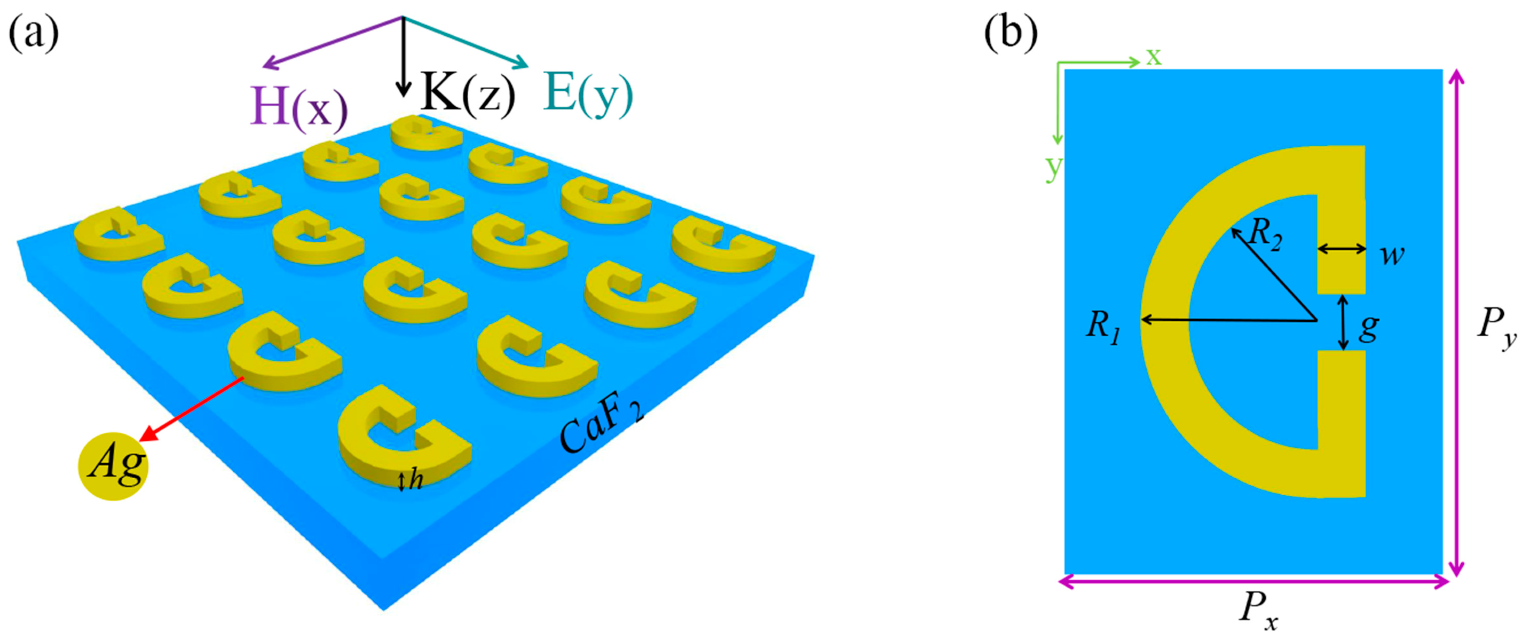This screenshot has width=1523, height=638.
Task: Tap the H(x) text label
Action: (299, 106)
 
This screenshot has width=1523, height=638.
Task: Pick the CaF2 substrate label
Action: (600, 432)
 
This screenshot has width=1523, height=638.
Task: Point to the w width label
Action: (1392, 255)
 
